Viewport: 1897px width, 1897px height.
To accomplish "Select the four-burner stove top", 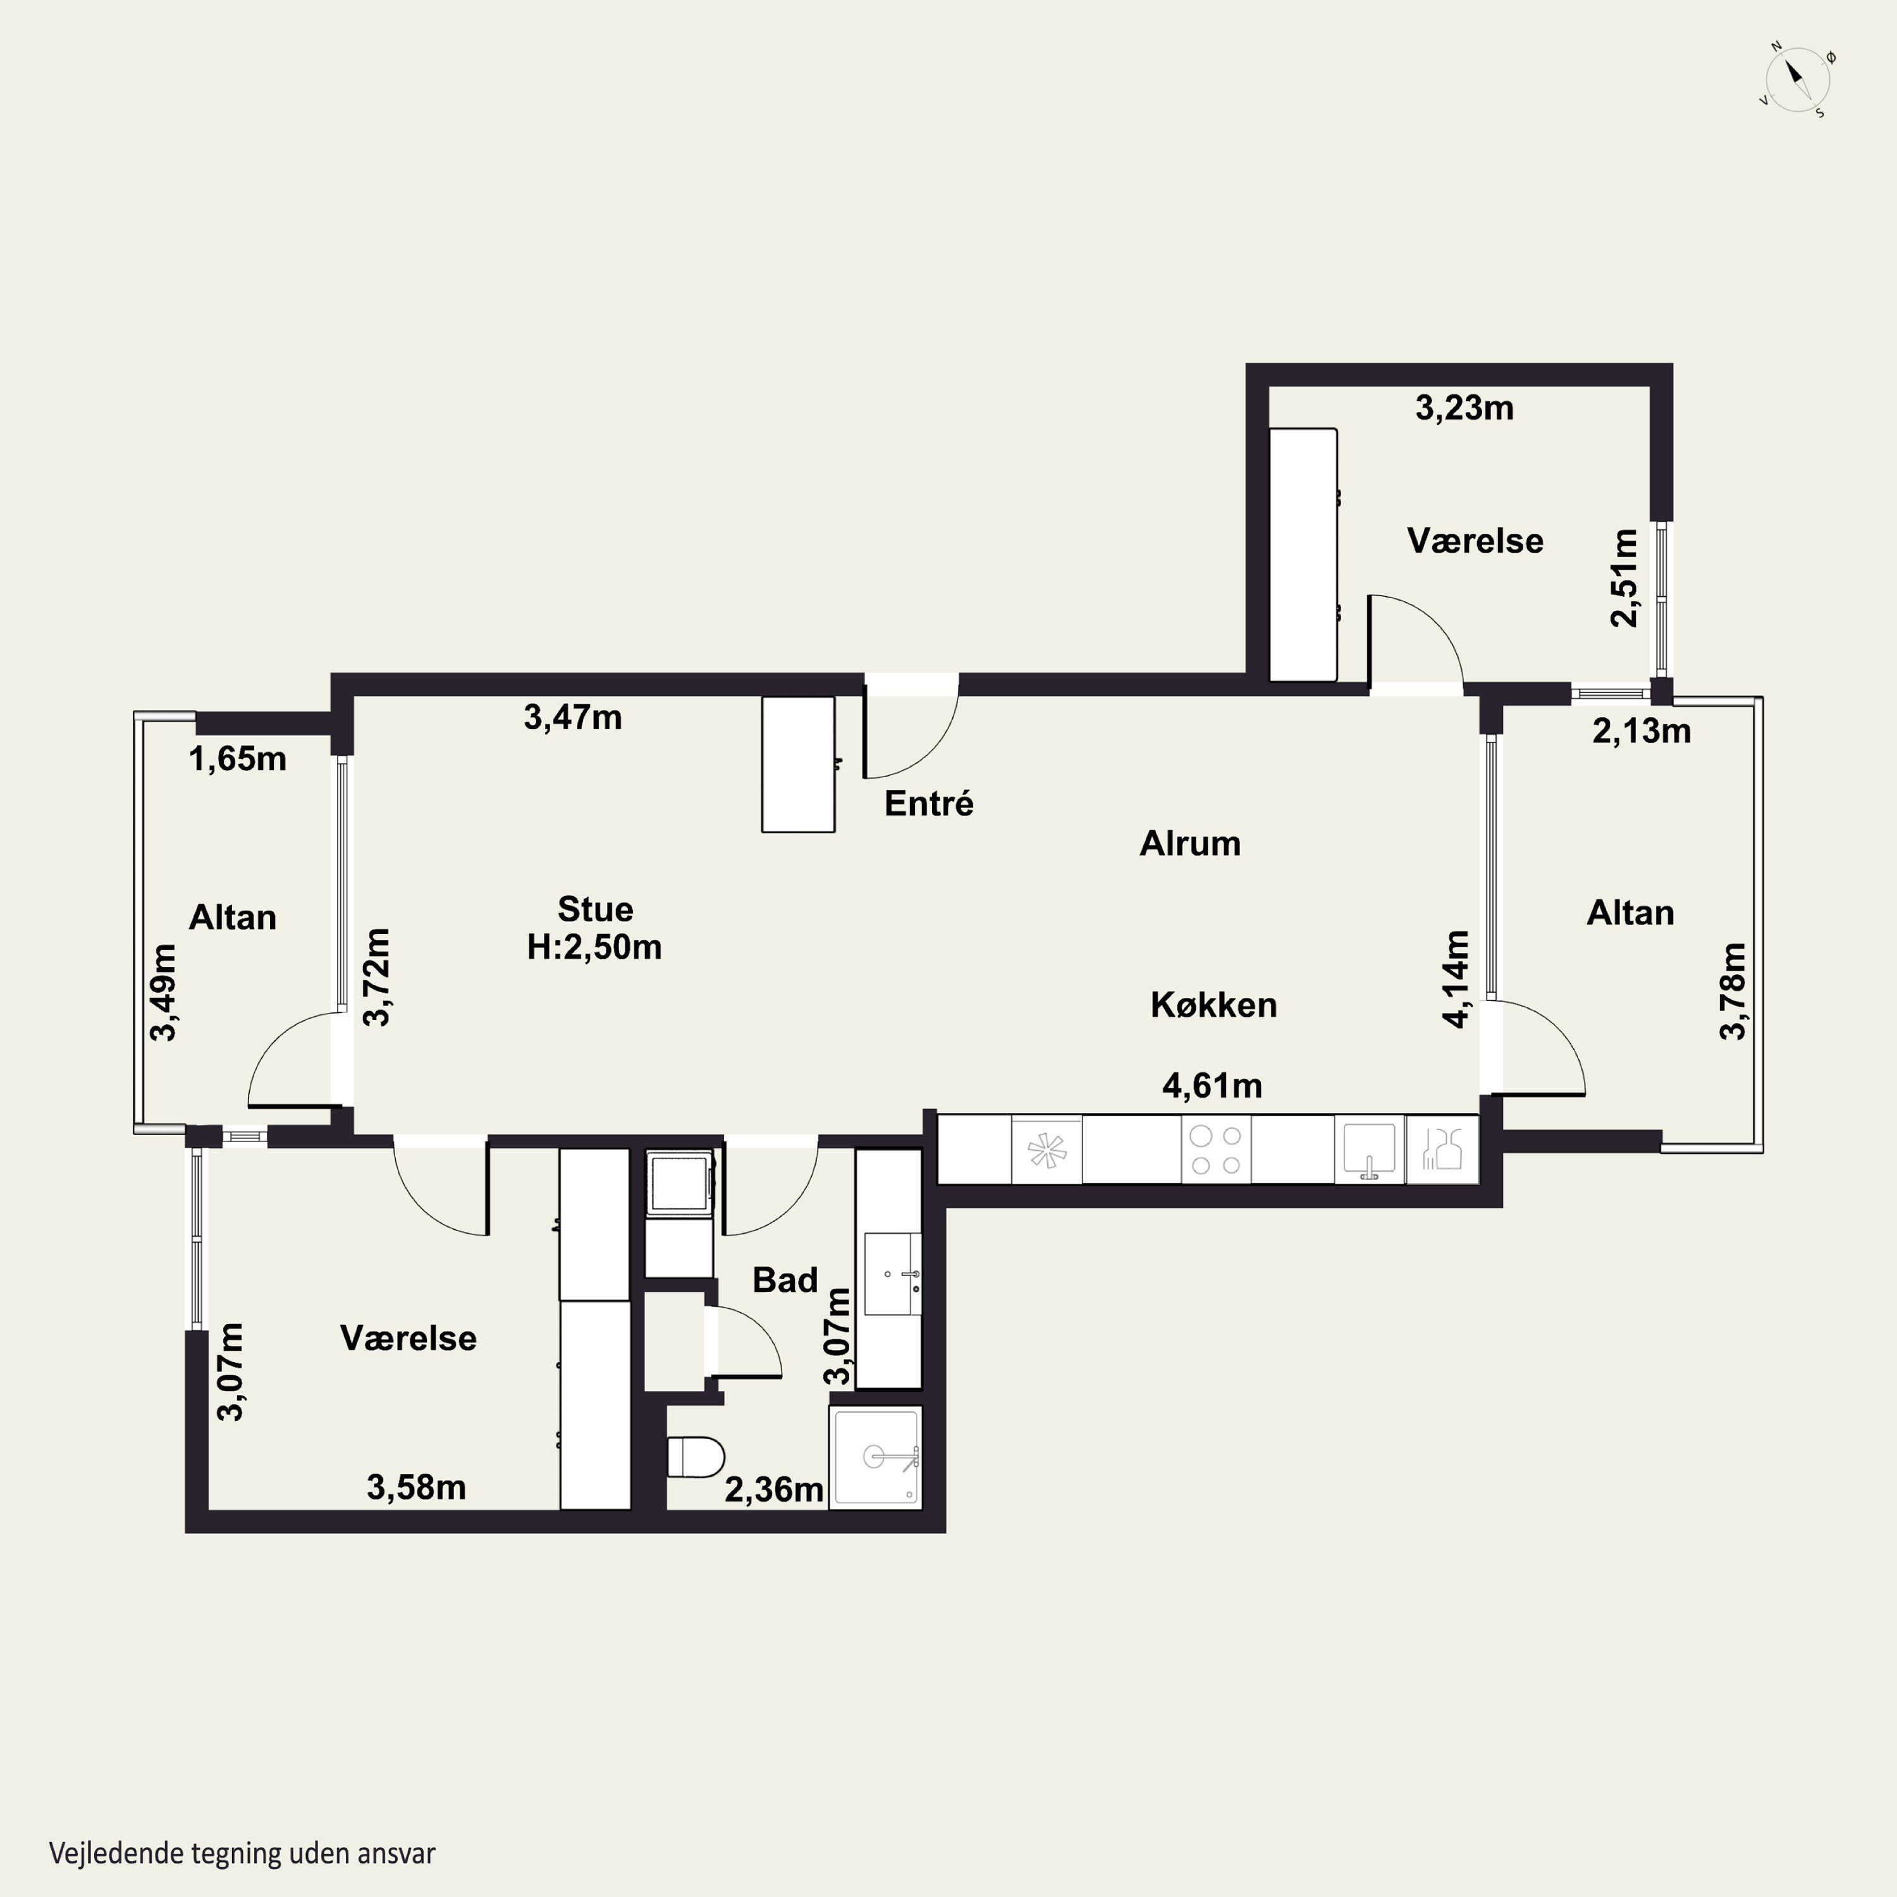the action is coord(1215,1150).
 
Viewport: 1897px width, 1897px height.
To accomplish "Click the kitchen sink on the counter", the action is coord(1369,1150).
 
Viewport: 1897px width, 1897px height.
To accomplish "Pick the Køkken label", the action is coord(1213,1005).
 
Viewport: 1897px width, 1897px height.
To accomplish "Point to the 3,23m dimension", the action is coord(1464,407).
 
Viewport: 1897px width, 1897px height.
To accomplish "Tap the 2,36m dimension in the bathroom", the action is coord(774,1490).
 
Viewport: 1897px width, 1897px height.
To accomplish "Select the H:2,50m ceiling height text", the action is coord(594,947).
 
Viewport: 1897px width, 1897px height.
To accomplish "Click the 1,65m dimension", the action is coord(238,759).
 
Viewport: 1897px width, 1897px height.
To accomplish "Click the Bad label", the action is coord(785,1279).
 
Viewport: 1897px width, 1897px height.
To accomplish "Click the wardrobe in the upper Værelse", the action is coord(1303,555).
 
